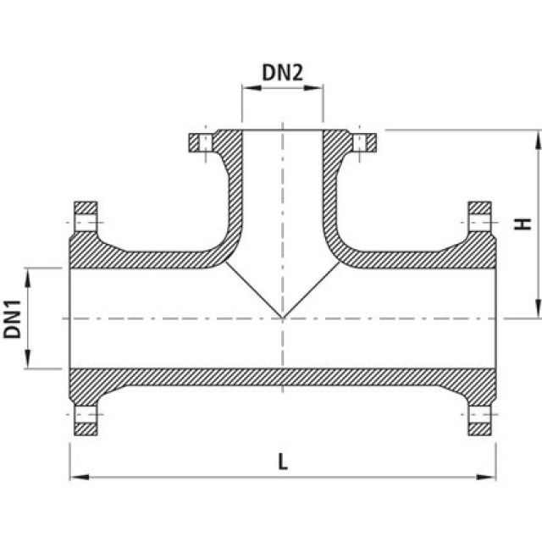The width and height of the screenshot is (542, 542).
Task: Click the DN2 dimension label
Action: pos(282,73)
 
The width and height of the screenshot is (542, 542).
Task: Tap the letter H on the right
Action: pos(524,224)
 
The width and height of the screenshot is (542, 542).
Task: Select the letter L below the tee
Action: pos(282,462)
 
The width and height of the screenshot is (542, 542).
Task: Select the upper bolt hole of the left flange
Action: pos(86,223)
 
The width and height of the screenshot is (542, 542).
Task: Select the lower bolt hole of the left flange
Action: pos(86,415)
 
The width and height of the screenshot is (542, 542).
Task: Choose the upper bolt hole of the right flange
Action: pos(480,223)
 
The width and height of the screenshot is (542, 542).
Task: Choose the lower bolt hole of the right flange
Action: pos(480,415)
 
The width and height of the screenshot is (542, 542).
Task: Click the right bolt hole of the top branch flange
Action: pos(362,141)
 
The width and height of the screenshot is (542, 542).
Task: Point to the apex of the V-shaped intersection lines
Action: pos(282,318)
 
